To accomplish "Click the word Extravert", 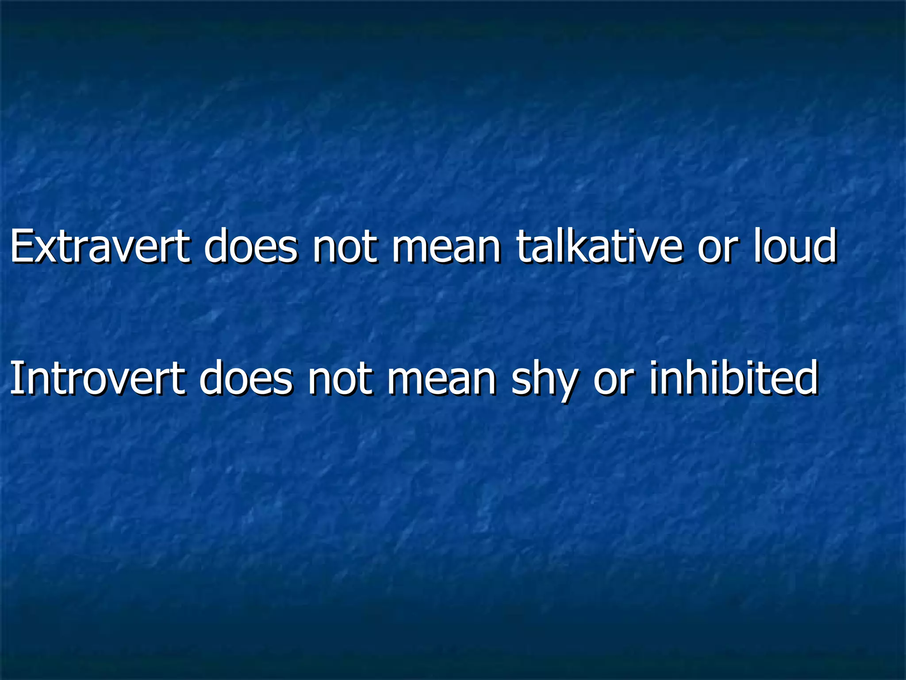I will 100,246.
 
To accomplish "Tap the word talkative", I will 599,246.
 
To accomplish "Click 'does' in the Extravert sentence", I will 250,246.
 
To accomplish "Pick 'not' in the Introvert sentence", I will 340,380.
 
